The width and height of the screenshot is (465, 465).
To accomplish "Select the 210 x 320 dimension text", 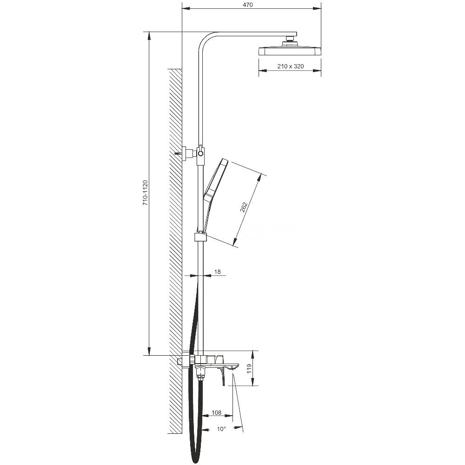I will (x=290, y=66).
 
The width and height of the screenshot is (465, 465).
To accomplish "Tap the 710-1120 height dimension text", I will (x=145, y=193).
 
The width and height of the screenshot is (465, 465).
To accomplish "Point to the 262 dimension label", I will (x=244, y=207).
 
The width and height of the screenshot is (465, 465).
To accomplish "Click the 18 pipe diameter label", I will (x=217, y=272).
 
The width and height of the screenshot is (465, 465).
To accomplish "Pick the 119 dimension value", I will (x=249, y=369).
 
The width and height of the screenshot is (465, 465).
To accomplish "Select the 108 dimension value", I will (x=216, y=412).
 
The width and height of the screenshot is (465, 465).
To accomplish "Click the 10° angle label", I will (x=221, y=429).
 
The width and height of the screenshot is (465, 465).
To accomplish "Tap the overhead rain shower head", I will (x=290, y=51).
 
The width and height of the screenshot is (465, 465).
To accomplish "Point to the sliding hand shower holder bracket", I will (x=200, y=237).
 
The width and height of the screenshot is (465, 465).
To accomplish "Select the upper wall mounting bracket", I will (x=188, y=153).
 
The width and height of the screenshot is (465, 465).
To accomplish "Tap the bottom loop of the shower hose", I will (x=196, y=458).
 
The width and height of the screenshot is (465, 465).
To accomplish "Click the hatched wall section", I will (x=176, y=251).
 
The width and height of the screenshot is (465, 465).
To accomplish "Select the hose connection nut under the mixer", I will (x=200, y=377).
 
